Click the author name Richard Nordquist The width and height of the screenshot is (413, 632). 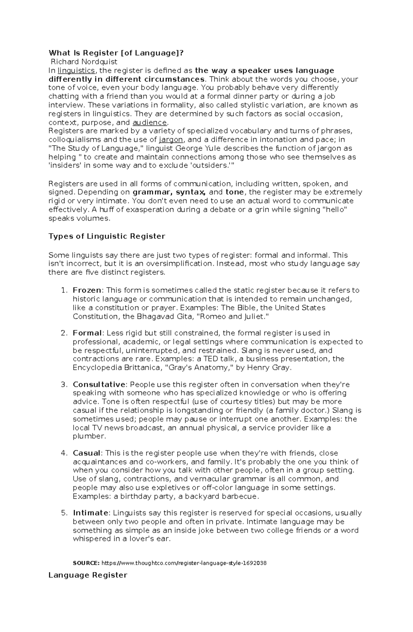click(x=84, y=62)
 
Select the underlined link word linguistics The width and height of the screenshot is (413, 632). click(x=76, y=71)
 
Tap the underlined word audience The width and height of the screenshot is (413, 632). click(x=150, y=123)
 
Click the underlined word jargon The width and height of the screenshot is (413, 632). click(x=171, y=140)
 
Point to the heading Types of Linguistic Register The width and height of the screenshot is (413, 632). click(x=107, y=236)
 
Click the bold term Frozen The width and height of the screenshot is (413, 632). click(x=87, y=290)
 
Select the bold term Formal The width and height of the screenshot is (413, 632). click(x=87, y=333)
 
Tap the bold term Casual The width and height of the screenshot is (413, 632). click(x=86, y=453)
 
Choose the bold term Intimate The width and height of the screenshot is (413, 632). click(x=91, y=513)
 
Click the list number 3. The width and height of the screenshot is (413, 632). click(x=63, y=384)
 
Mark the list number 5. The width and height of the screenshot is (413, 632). click(x=63, y=513)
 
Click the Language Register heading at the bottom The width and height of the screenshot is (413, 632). click(x=88, y=575)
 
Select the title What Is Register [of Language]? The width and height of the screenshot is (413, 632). click(x=116, y=53)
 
